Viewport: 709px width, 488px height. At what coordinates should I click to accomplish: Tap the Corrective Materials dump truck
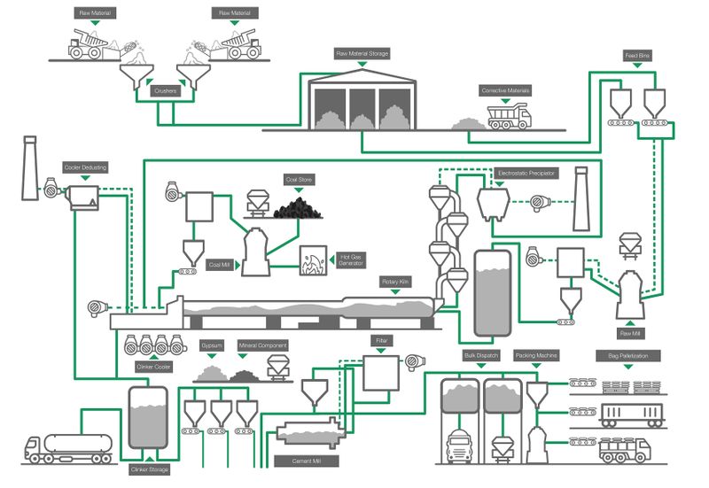509,116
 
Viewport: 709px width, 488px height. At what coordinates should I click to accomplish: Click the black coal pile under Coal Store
297,209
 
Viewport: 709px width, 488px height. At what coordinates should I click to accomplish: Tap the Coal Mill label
220,264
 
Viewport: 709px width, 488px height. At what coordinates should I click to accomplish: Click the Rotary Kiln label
396,282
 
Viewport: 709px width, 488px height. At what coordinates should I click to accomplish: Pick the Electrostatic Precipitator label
526,174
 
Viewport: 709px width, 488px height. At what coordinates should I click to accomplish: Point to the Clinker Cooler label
153,366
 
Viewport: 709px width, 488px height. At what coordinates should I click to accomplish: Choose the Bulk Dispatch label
483,355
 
